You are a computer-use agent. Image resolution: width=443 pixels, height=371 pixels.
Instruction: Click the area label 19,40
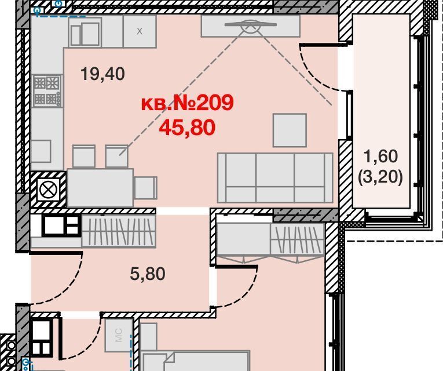click(102, 74)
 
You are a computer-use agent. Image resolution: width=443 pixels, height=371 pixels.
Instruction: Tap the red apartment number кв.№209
click(187, 103)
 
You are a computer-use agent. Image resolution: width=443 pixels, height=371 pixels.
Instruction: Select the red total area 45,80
click(187, 128)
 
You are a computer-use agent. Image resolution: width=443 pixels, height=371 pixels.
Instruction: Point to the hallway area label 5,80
click(148, 274)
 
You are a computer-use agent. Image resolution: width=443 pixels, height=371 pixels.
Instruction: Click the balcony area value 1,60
click(381, 156)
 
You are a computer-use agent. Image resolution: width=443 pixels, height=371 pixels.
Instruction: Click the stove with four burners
click(47, 90)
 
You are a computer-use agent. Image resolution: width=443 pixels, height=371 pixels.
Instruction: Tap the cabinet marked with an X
click(140, 31)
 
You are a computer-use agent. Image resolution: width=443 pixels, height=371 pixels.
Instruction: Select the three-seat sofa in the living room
click(275, 178)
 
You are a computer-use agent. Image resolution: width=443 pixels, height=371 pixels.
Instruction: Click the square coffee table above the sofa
click(290, 130)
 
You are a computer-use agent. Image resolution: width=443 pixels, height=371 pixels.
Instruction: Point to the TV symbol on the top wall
click(250, 26)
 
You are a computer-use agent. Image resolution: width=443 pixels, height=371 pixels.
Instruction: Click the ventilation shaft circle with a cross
click(48, 190)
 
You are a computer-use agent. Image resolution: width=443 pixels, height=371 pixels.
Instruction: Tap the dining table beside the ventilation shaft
click(100, 188)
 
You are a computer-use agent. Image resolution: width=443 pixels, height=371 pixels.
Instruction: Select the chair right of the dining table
click(145, 188)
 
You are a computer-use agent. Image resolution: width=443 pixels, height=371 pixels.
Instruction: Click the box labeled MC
click(119, 335)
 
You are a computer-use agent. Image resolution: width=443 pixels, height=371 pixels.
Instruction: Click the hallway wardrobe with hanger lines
click(119, 231)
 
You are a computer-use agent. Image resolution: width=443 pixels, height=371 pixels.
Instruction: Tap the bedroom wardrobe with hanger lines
click(297, 239)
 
